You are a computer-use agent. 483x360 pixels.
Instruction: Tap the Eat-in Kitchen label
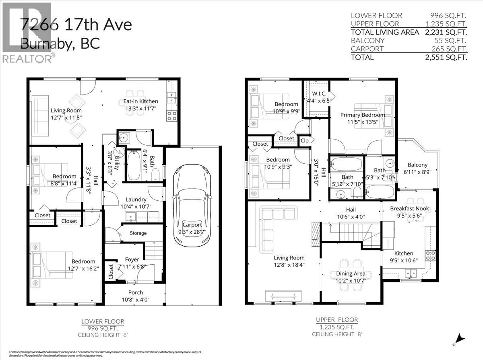(140, 101)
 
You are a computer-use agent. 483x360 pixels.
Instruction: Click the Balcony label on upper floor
(417, 165)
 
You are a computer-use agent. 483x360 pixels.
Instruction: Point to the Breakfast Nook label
(409, 209)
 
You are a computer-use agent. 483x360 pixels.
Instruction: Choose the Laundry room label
(136, 200)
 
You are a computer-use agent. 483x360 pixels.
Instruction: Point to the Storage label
(138, 233)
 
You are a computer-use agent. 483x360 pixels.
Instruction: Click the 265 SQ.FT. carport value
(450, 49)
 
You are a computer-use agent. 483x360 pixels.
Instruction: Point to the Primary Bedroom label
(362, 115)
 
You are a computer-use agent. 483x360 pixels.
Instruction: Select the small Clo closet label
(305, 141)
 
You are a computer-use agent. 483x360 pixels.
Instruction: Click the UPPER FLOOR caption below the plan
(336, 320)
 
